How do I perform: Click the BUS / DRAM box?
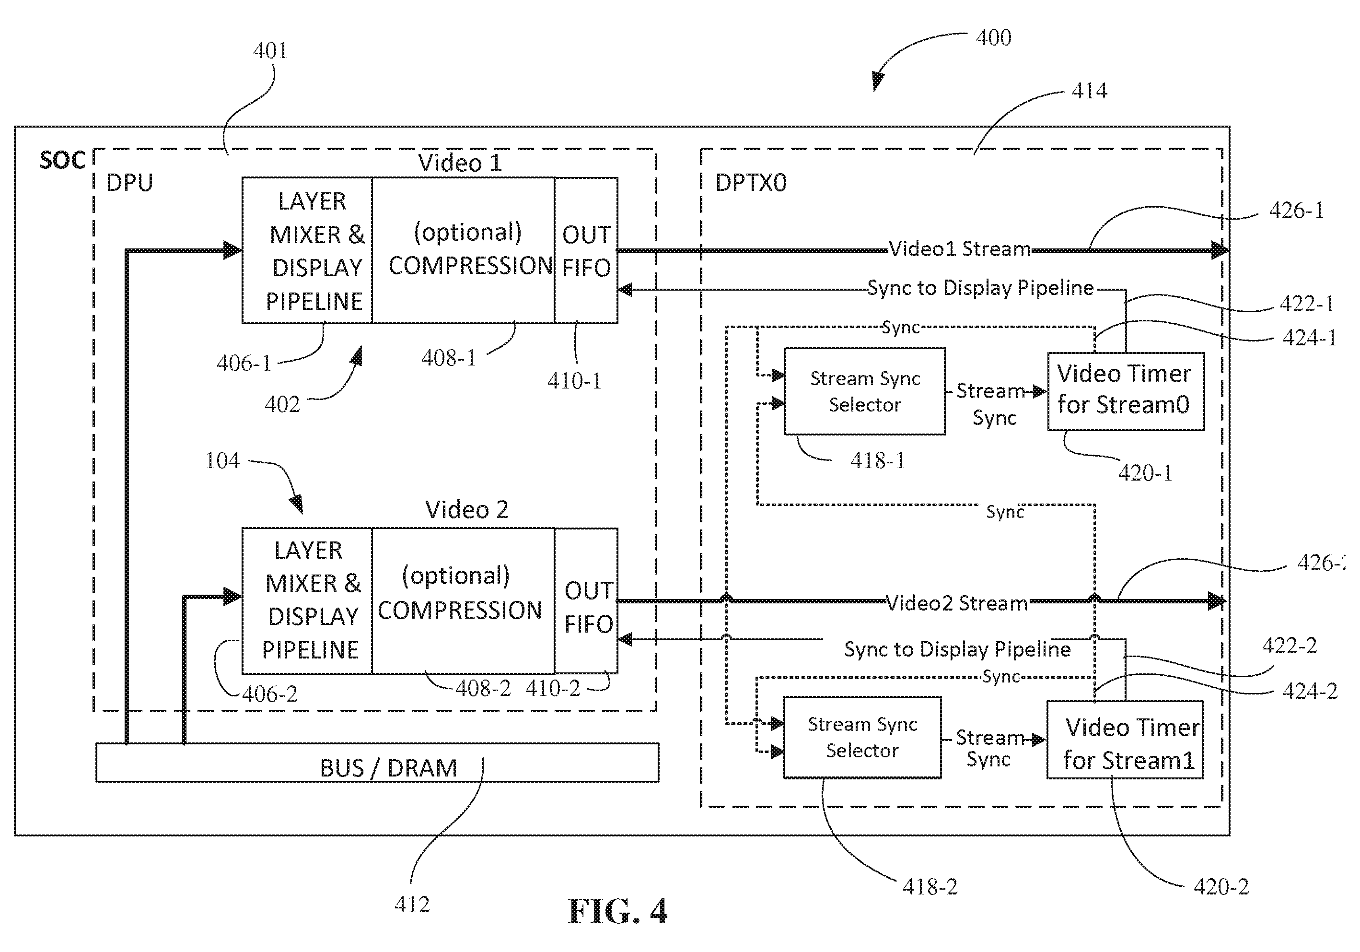tap(377, 762)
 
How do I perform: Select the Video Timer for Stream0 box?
tap(1126, 391)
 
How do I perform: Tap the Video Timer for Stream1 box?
tap(1125, 739)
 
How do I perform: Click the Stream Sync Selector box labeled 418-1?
tap(865, 391)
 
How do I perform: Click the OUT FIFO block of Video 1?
tap(586, 250)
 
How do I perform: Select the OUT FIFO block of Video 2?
tap(586, 600)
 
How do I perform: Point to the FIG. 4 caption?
tap(617, 911)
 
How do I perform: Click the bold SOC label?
tap(62, 161)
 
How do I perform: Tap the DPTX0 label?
tap(751, 183)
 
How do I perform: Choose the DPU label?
tap(129, 183)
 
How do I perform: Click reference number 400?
tap(993, 38)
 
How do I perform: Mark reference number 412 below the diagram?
tap(412, 905)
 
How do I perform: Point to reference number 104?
tap(222, 460)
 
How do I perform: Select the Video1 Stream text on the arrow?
tap(960, 249)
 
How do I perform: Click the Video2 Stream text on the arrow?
tap(957, 603)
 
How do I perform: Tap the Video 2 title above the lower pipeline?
tap(467, 510)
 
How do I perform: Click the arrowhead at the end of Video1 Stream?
tap(1220, 250)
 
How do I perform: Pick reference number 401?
tap(270, 50)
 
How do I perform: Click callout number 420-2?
tap(1221, 887)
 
